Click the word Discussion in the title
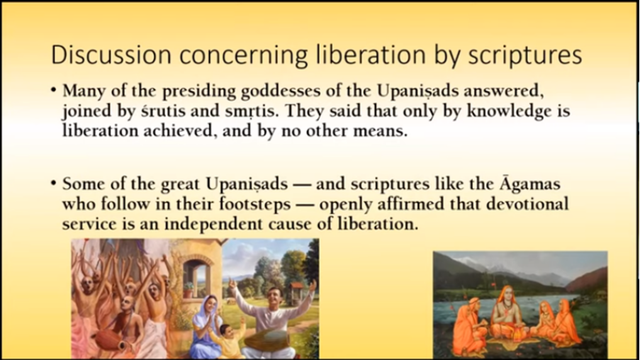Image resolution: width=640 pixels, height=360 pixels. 111,55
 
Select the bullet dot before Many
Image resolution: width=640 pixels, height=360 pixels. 54,90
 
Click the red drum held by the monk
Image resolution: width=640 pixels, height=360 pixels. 109,340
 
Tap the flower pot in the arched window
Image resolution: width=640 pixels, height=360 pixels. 188,289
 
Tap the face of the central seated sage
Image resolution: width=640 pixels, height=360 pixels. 507,294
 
